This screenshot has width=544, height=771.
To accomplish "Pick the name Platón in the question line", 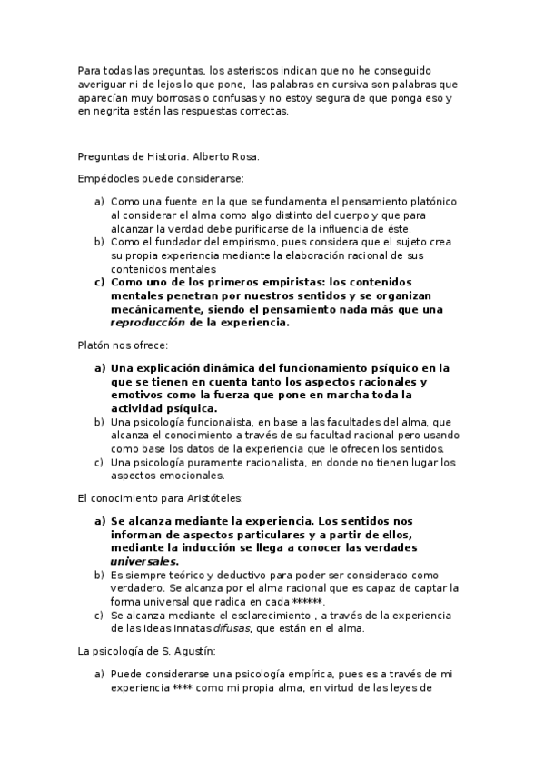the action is click(x=94, y=346).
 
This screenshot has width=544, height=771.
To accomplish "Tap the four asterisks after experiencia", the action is click(x=183, y=688).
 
